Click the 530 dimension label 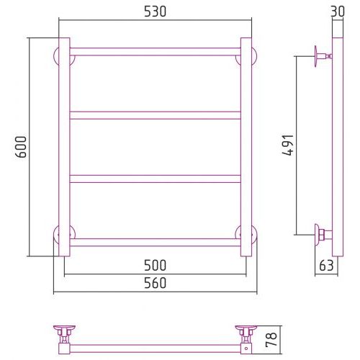(155, 12)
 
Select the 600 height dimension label (21, 147)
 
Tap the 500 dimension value (155, 265)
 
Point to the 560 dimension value (155, 283)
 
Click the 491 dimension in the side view (287, 145)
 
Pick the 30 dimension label (338, 12)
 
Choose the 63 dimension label (326, 266)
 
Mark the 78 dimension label (271, 340)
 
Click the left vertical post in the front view (64, 147)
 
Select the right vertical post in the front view (246, 147)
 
